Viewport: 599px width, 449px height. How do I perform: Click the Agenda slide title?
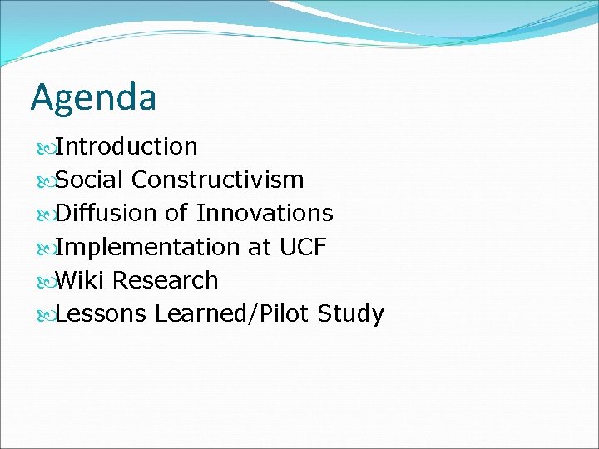[x=93, y=98]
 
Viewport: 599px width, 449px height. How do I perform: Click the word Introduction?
[x=126, y=146]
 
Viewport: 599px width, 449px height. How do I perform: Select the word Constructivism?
[x=217, y=180]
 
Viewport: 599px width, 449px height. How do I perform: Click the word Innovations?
[x=265, y=214]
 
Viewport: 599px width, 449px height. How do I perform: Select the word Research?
[x=166, y=281]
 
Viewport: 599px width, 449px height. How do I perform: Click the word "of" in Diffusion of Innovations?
[x=176, y=214]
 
